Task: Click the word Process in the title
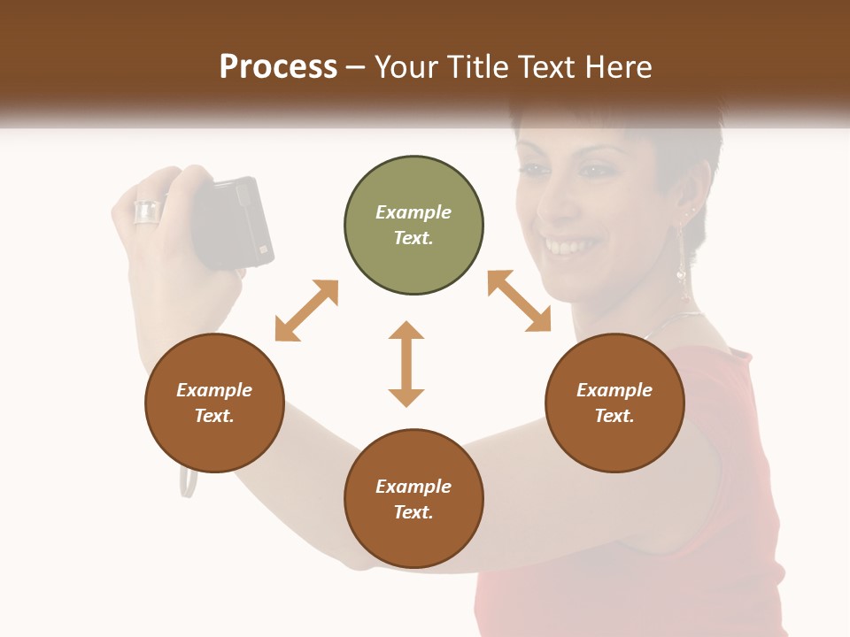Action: coord(278,67)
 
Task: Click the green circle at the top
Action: coord(413,226)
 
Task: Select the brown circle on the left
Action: coord(214,403)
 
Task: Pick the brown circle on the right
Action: coord(614,403)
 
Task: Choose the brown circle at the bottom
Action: coord(413,499)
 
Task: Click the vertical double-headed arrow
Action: coord(406,364)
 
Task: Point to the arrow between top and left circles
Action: coord(306,311)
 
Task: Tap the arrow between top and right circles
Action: coord(519,301)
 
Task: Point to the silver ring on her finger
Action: coord(147,212)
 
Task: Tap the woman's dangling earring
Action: coord(683,265)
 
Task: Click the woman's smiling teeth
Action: coord(564,243)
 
